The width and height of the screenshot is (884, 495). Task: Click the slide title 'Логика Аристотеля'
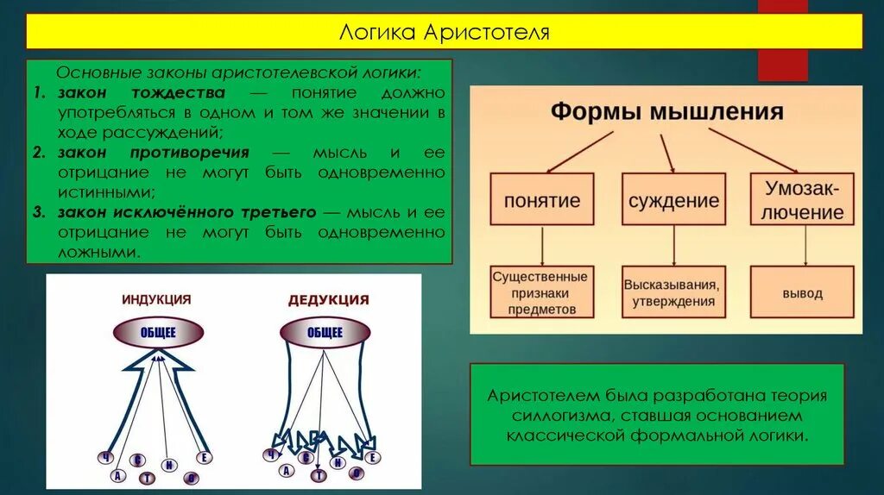(444, 33)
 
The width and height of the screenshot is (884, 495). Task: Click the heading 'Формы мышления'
(666, 111)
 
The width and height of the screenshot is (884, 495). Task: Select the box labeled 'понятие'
(542, 200)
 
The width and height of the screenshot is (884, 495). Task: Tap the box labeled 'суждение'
(673, 200)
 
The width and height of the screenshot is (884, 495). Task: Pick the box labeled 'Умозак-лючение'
(805, 199)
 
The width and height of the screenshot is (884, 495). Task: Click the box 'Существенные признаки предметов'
(541, 292)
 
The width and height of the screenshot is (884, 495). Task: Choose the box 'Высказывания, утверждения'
(673, 292)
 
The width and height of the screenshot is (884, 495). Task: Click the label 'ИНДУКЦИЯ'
(156, 299)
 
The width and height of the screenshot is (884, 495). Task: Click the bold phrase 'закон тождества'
(142, 92)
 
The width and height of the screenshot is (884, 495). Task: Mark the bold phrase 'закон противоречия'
(154, 153)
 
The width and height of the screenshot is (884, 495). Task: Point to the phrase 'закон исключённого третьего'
(187, 211)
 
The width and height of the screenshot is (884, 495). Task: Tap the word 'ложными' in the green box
(98, 252)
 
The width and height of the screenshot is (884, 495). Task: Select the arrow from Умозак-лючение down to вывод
(805, 245)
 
